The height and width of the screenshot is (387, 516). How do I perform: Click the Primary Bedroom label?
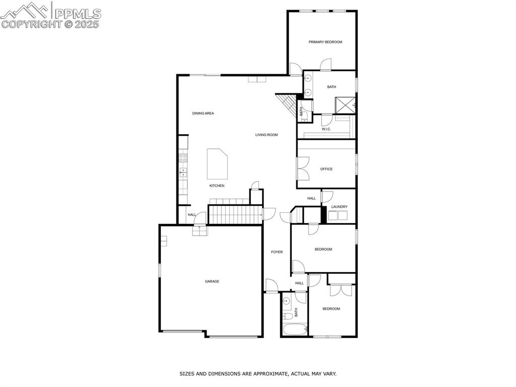coord(325,42)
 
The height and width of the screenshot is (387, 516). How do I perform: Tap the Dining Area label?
coord(203,114)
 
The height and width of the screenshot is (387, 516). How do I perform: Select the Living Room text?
coord(266,135)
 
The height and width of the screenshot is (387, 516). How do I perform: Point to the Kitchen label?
coord(217,186)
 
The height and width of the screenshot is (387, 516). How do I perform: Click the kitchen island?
coord(218,164)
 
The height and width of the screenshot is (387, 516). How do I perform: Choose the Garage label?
coord(212,282)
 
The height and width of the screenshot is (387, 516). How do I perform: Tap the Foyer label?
coord(277,252)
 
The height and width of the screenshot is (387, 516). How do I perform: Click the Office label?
coord(326,169)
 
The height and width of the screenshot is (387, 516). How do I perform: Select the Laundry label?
coord(339,207)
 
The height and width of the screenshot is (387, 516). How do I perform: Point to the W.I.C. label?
coord(326,129)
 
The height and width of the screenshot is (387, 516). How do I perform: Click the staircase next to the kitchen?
coord(235,214)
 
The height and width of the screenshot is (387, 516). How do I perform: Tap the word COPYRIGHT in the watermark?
coord(31,24)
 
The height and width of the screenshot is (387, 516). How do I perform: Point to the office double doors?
coord(302,169)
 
